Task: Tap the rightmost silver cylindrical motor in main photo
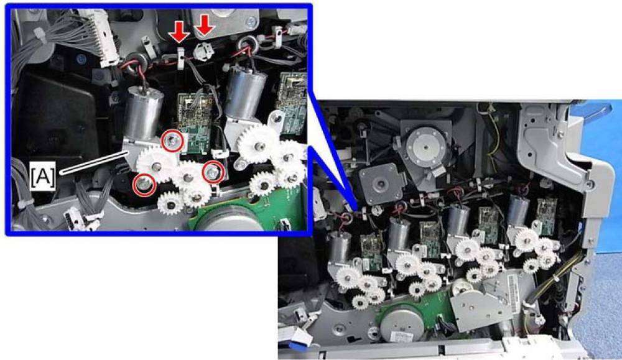(518, 213)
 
